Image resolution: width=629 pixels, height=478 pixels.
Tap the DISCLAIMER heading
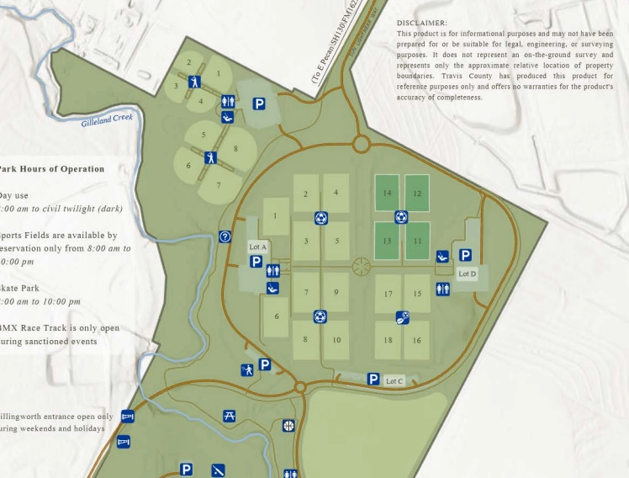point(422,23)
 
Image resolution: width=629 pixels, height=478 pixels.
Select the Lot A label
point(257,247)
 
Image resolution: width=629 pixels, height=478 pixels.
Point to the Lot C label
point(394,381)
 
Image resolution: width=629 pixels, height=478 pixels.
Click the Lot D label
point(468,274)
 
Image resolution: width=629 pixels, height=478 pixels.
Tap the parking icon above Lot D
point(465,255)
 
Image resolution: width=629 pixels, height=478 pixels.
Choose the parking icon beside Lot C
point(373,380)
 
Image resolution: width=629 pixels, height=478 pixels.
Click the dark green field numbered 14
point(387,194)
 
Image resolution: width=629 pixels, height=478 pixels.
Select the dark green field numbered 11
point(417,241)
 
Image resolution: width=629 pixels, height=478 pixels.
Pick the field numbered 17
point(388,295)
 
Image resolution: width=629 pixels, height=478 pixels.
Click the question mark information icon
point(225,237)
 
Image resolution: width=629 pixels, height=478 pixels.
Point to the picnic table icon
point(230,416)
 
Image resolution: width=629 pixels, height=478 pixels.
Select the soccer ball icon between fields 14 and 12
point(402,217)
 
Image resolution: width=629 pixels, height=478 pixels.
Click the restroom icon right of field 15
point(443,289)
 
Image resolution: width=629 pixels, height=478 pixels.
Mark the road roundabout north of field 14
point(362,144)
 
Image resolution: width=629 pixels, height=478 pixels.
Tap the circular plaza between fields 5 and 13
point(362,267)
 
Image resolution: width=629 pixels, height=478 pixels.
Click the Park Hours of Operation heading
point(52,169)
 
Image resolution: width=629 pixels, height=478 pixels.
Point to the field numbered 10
point(336,340)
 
